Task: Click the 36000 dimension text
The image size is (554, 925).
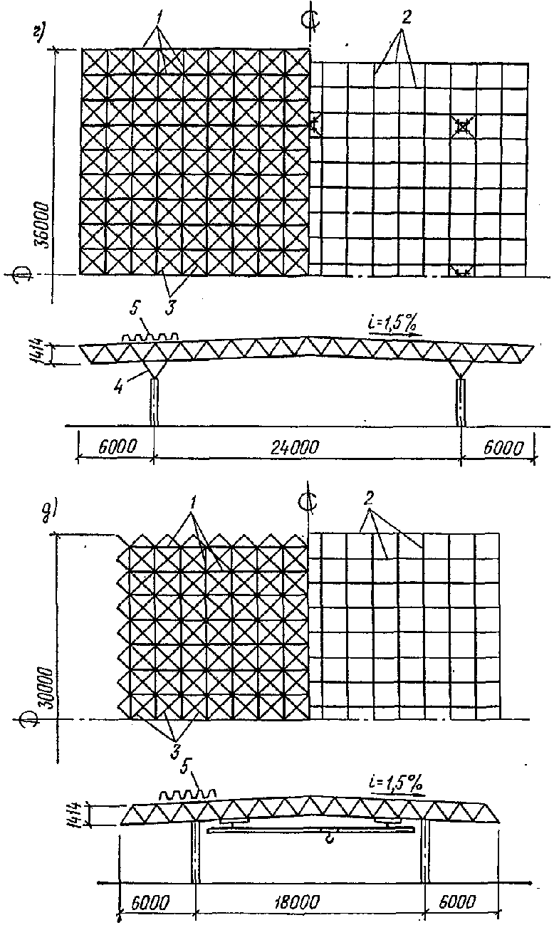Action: (x=41, y=221)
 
